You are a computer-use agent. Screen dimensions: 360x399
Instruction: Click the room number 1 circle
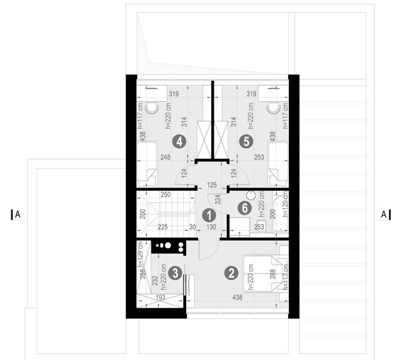click(208, 214)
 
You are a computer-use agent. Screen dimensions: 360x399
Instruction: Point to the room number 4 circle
click(178, 142)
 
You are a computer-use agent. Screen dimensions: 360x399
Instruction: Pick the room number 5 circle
click(244, 142)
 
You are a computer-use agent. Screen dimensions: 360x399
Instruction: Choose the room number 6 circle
click(243, 208)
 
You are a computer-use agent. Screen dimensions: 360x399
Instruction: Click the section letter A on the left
click(18, 214)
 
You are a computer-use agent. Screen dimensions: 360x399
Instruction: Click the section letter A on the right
click(383, 214)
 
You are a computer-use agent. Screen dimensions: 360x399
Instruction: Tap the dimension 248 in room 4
click(165, 157)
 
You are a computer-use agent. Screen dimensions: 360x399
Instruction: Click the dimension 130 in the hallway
click(211, 227)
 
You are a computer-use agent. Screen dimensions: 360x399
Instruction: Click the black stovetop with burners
click(169, 245)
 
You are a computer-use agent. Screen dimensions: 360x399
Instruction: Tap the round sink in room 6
click(251, 196)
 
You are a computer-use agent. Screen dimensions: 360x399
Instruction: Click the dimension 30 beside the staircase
click(191, 227)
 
